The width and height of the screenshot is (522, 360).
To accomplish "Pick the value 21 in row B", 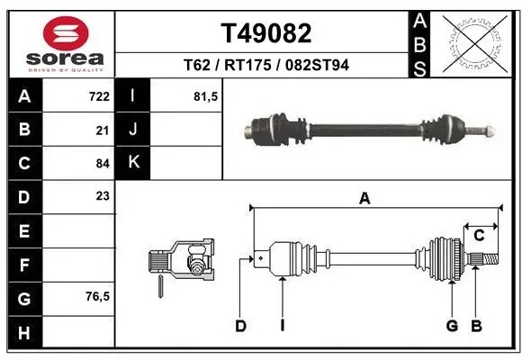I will tap(103, 130).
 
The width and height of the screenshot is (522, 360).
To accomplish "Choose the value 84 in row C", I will tap(103, 163).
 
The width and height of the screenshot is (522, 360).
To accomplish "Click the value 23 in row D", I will tap(103, 196).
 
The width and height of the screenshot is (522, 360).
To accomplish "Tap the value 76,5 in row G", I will tap(97, 296).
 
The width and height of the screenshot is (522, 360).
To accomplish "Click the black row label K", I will tap(133, 163).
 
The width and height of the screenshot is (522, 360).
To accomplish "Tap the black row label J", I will tap(133, 130).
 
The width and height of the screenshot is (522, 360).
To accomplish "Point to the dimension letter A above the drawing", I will tap(364, 200).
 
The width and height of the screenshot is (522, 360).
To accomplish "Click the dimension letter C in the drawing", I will tap(479, 236).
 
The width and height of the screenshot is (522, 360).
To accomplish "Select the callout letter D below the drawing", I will tap(240, 326).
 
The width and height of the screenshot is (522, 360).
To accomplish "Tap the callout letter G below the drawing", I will tap(453, 326).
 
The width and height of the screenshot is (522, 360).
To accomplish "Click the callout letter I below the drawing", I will tap(282, 326).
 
